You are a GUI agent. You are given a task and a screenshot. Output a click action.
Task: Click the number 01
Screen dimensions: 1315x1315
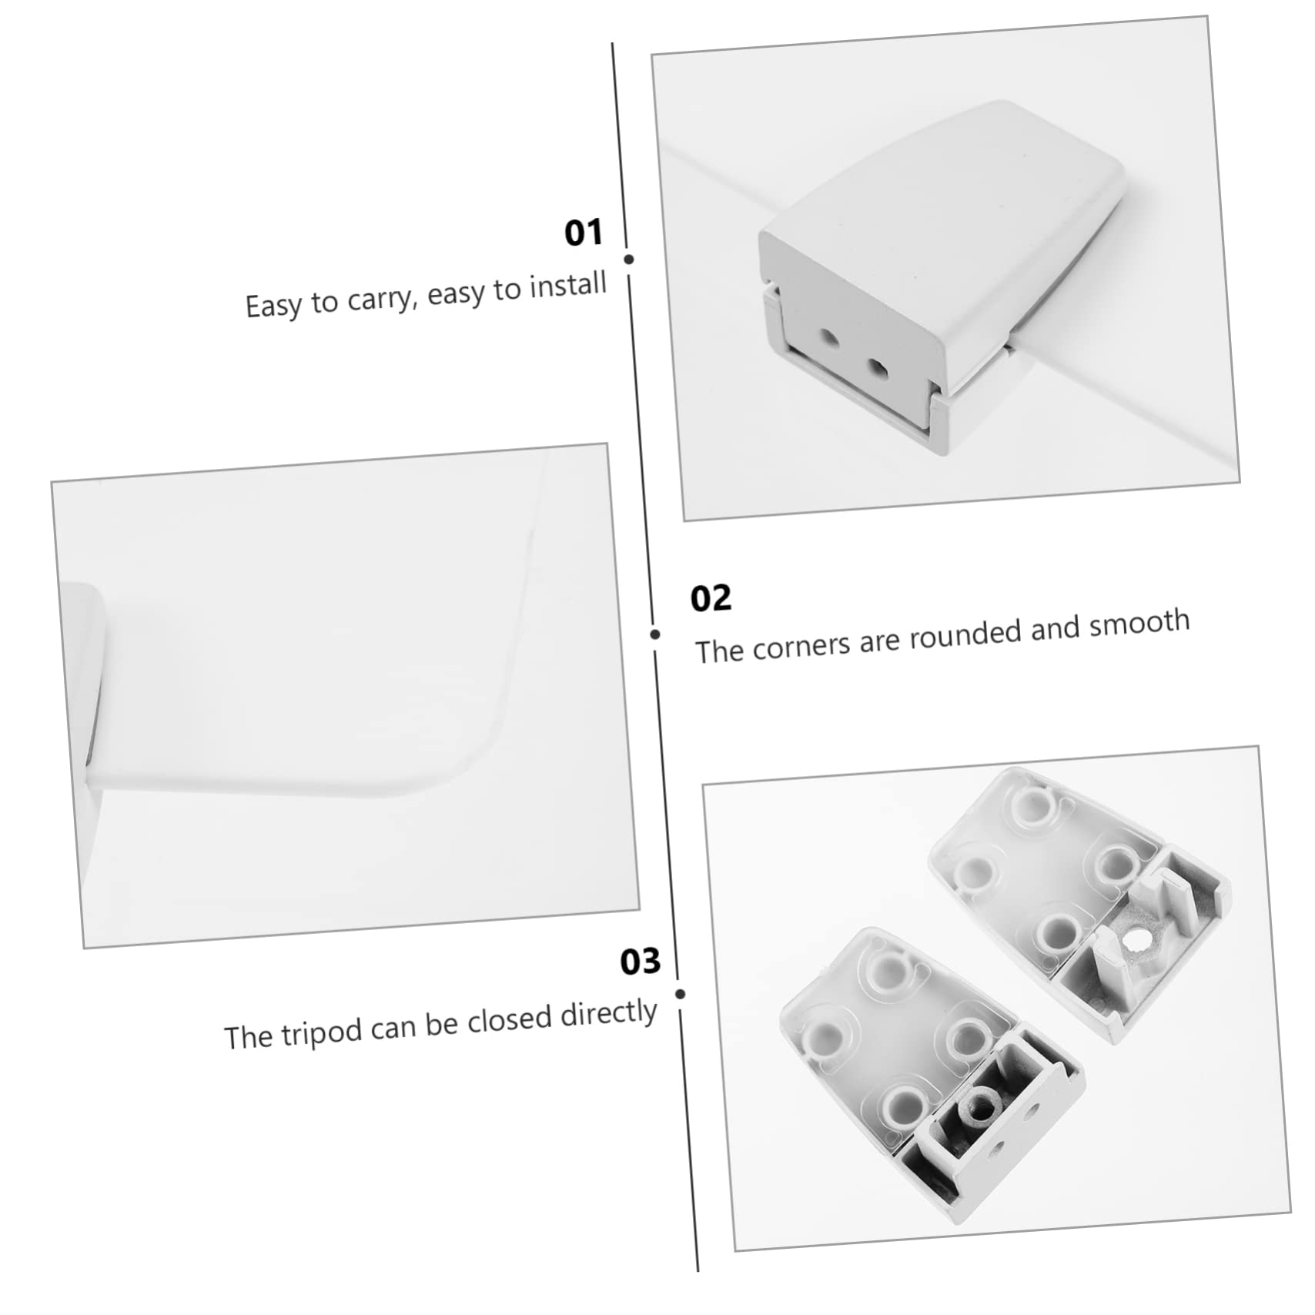(583, 233)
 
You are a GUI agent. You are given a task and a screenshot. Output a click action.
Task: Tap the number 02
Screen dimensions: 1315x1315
(710, 598)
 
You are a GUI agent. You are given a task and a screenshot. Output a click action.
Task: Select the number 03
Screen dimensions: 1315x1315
(641, 962)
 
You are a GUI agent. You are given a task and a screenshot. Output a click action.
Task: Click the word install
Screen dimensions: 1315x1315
(568, 285)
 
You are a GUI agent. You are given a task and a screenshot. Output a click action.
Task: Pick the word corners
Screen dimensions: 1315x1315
(801, 644)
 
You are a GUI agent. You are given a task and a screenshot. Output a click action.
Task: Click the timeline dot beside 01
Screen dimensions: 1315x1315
(629, 259)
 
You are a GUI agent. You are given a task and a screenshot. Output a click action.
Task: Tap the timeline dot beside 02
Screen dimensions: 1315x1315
(655, 634)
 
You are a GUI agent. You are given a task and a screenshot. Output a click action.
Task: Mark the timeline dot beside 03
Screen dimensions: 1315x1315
(680, 994)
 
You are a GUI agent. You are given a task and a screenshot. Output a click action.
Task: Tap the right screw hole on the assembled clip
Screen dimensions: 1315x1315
(877, 367)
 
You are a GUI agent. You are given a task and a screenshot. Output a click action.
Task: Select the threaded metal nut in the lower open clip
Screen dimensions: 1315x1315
(980, 1106)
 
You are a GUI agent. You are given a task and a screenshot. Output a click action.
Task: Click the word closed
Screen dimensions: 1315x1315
(510, 1020)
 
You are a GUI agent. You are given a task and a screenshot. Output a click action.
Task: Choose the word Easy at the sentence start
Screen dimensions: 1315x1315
(273, 306)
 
